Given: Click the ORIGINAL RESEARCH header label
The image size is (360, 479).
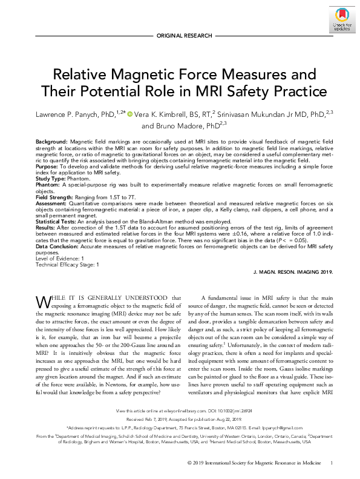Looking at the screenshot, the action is click(x=180, y=36).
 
